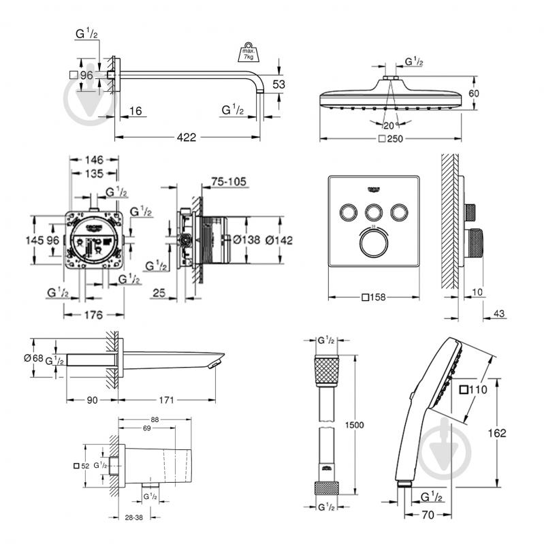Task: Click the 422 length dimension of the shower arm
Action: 187,138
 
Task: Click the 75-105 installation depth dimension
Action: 228,182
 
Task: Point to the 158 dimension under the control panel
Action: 377,298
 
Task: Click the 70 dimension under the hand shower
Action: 428,516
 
